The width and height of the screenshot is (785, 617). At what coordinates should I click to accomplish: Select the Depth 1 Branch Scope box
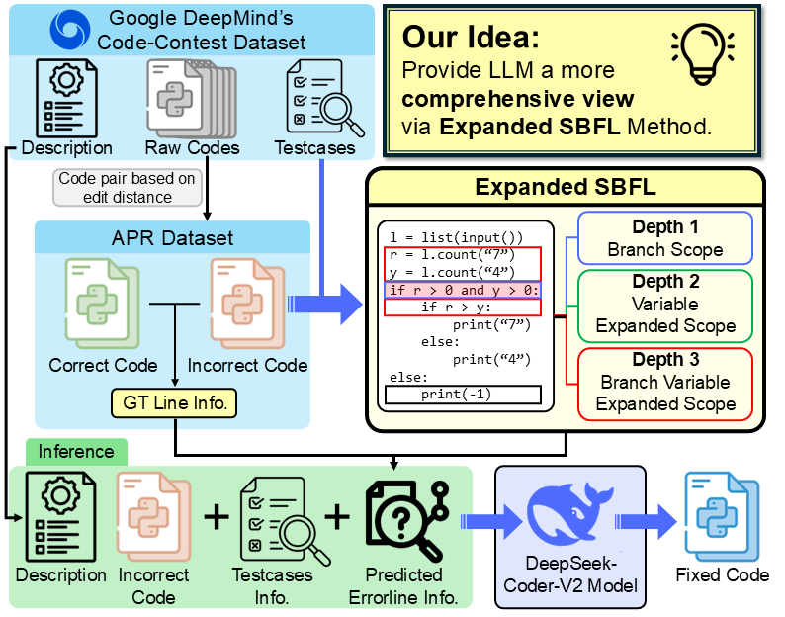pyautogui.click(x=665, y=238)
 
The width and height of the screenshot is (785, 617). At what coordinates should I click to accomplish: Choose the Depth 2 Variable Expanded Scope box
pyautogui.click(x=665, y=304)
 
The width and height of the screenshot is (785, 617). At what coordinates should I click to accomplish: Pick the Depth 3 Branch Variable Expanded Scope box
pyautogui.click(x=665, y=381)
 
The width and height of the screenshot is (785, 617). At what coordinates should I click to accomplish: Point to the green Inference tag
pyautogui.click(x=75, y=452)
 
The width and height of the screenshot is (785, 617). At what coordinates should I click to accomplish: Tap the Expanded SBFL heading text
pyautogui.click(x=565, y=188)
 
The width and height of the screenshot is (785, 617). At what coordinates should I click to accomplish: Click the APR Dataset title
pyautogui.click(x=173, y=237)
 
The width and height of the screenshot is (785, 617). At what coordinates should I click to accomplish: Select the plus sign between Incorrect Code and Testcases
pyautogui.click(x=215, y=515)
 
